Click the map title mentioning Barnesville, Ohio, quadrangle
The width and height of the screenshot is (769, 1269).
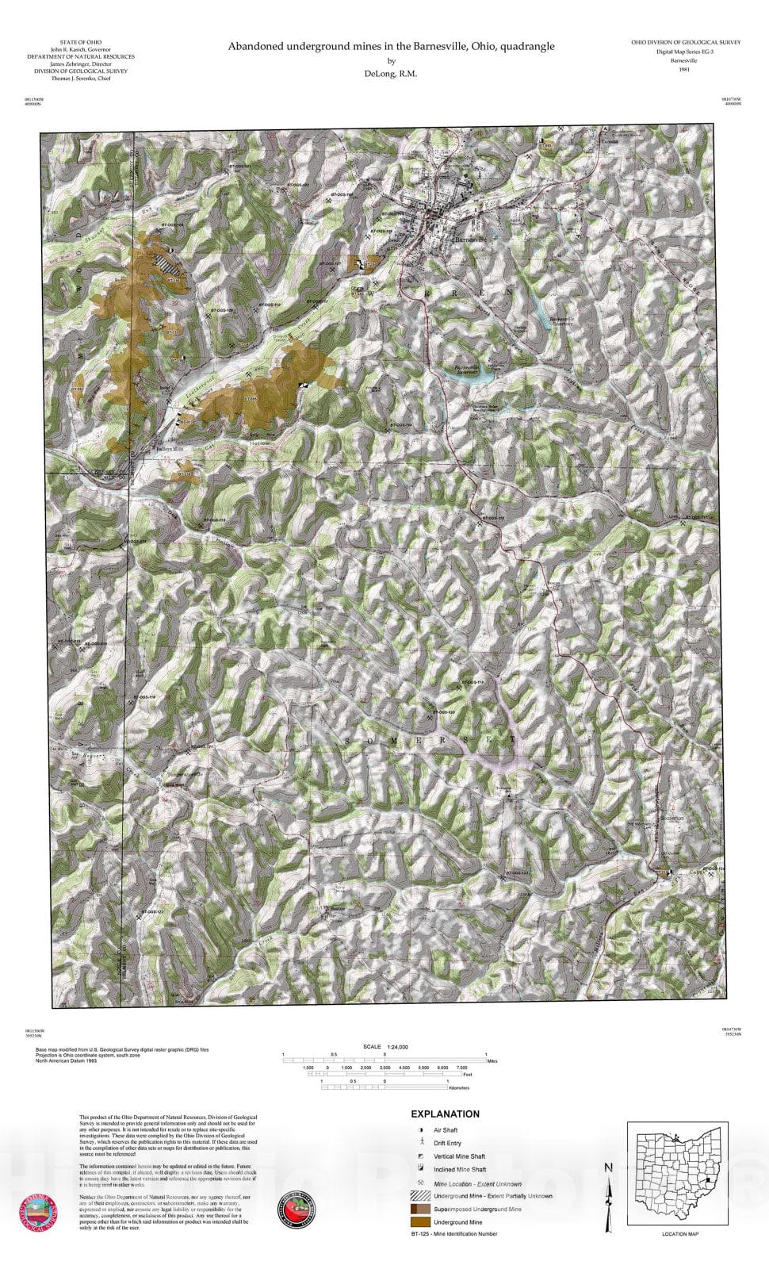pyautogui.click(x=392, y=46)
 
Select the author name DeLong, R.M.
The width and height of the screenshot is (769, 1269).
pyautogui.click(x=392, y=74)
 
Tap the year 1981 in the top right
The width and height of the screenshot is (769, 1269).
pyautogui.click(x=685, y=70)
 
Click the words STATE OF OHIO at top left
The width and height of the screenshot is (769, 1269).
pyautogui.click(x=81, y=42)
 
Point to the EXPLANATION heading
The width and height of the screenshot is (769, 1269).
pyautogui.click(x=445, y=1114)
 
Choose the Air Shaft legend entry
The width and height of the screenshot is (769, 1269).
pyautogui.click(x=446, y=1130)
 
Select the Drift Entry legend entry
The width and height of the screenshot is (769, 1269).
pyautogui.click(x=447, y=1143)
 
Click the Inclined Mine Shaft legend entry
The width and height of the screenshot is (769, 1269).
pyautogui.click(x=460, y=1170)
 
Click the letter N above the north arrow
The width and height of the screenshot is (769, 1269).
pyautogui.click(x=608, y=1167)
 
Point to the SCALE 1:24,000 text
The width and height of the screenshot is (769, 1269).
pyautogui.click(x=385, y=1046)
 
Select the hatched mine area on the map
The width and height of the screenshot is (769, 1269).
pyautogui.click(x=167, y=262)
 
